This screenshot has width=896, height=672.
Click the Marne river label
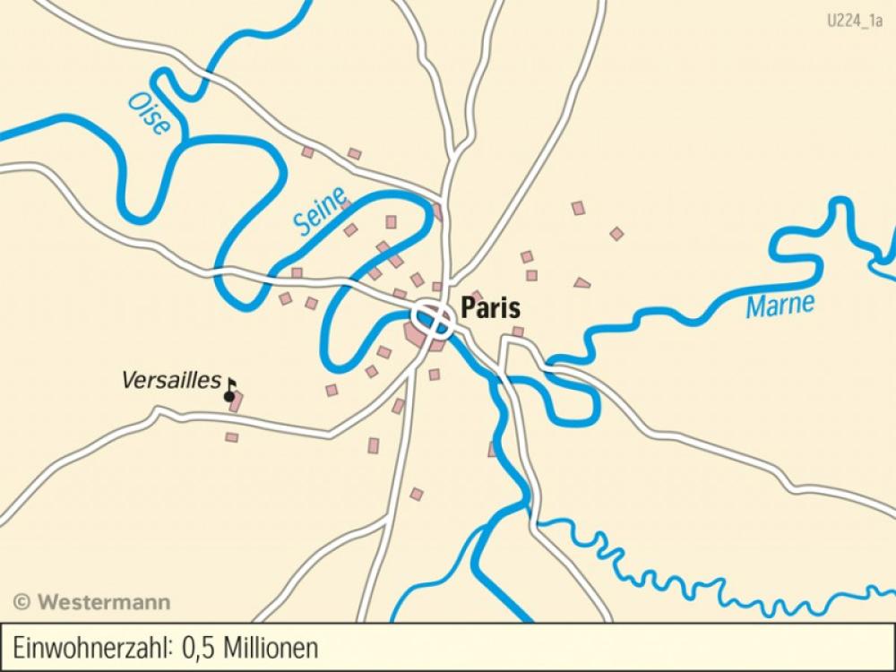(x=780, y=306)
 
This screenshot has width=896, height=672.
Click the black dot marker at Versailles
(x=229, y=396)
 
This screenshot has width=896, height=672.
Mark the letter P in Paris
(x=468, y=309)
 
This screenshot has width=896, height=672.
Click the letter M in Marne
(x=755, y=309)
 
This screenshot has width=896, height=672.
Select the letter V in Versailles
(x=128, y=380)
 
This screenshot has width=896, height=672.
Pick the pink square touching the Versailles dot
(x=236, y=402)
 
